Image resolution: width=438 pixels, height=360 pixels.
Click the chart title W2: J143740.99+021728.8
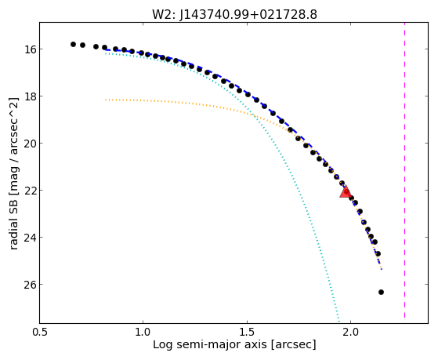[234, 14]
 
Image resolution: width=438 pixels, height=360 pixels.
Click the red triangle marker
[346, 191]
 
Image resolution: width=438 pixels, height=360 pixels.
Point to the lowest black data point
[381, 292]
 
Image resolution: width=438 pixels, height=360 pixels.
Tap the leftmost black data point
[73, 44]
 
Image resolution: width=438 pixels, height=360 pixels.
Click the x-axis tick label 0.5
[40, 332]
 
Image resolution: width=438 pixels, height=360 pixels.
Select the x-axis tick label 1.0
[143, 332]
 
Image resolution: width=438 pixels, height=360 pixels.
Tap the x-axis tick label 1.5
[247, 332]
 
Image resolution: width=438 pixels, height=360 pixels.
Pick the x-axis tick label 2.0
[350, 332]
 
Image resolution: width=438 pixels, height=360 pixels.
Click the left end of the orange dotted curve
[106, 100]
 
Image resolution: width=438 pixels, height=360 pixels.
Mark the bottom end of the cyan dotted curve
[338, 322]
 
